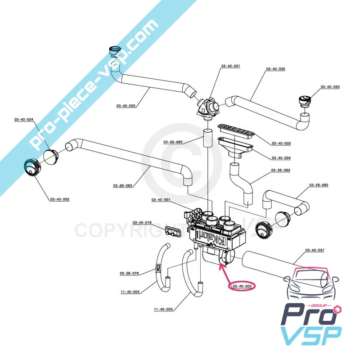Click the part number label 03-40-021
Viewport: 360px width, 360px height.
(230, 66)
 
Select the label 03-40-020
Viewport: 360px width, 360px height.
(330, 87)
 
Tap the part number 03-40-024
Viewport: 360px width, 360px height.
(24, 119)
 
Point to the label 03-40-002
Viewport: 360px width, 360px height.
(59, 199)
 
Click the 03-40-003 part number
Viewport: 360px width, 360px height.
(281, 143)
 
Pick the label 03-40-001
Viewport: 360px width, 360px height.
(161, 199)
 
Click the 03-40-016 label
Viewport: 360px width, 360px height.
(142, 222)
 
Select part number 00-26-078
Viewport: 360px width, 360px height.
(129, 273)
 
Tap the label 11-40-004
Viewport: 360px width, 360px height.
(130, 292)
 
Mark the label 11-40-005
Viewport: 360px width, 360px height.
(163, 309)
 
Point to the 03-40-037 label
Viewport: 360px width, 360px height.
(315, 250)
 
